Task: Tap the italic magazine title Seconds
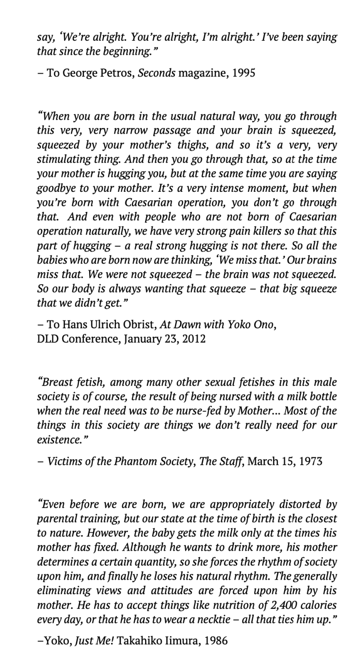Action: pyautogui.click(x=157, y=73)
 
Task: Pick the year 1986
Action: pyautogui.click(x=216, y=640)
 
